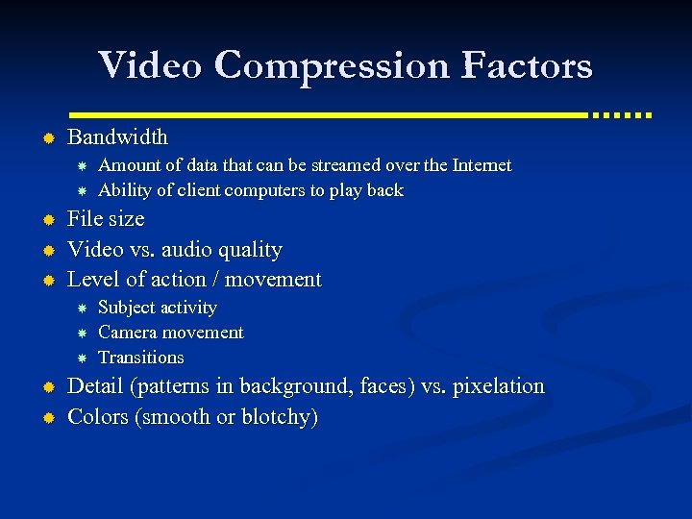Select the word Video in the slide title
[x=152, y=65]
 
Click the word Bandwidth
[x=117, y=137]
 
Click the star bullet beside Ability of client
[x=83, y=190]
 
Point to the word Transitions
[x=141, y=358]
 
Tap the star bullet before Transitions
[x=83, y=358]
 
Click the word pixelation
[x=498, y=386]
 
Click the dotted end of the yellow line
[x=623, y=114]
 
